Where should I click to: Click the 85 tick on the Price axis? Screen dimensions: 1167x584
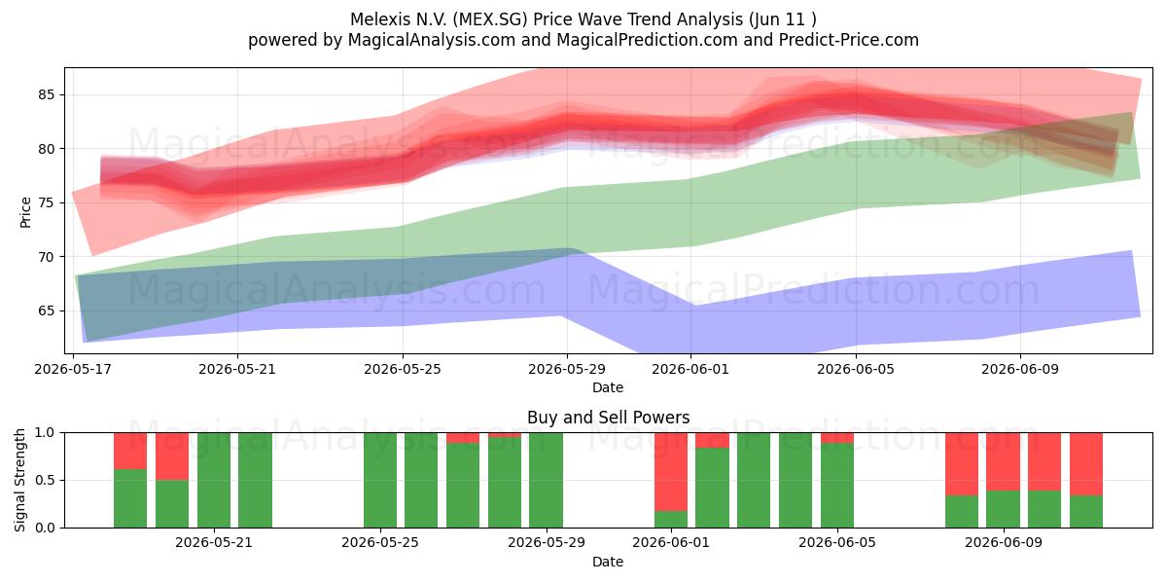tap(46, 95)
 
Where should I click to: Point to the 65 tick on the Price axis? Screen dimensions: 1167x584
tap(46, 310)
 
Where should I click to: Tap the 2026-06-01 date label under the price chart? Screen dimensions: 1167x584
tap(690, 369)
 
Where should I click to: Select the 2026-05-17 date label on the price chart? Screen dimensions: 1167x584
tap(73, 369)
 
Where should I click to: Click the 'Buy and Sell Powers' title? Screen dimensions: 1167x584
tap(608, 418)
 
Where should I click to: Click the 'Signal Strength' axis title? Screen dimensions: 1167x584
tap(19, 480)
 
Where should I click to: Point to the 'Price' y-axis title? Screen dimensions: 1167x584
tap(25, 212)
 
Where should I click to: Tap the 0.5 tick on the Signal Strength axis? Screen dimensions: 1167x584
tap(46, 480)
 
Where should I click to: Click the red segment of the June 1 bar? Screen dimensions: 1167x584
tap(671, 472)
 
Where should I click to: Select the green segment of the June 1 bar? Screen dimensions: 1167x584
tap(671, 520)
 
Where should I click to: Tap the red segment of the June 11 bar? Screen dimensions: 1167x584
tap(1086, 464)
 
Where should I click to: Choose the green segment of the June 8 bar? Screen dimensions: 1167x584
tap(962, 512)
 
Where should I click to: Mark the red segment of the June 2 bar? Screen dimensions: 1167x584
tap(712, 440)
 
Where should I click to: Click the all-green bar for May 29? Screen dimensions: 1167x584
tap(546, 480)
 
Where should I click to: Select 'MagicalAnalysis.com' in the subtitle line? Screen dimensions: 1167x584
tap(432, 40)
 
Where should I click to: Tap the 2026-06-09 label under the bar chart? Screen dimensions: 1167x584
tap(1004, 542)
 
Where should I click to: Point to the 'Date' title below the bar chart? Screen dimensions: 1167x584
tap(608, 562)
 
